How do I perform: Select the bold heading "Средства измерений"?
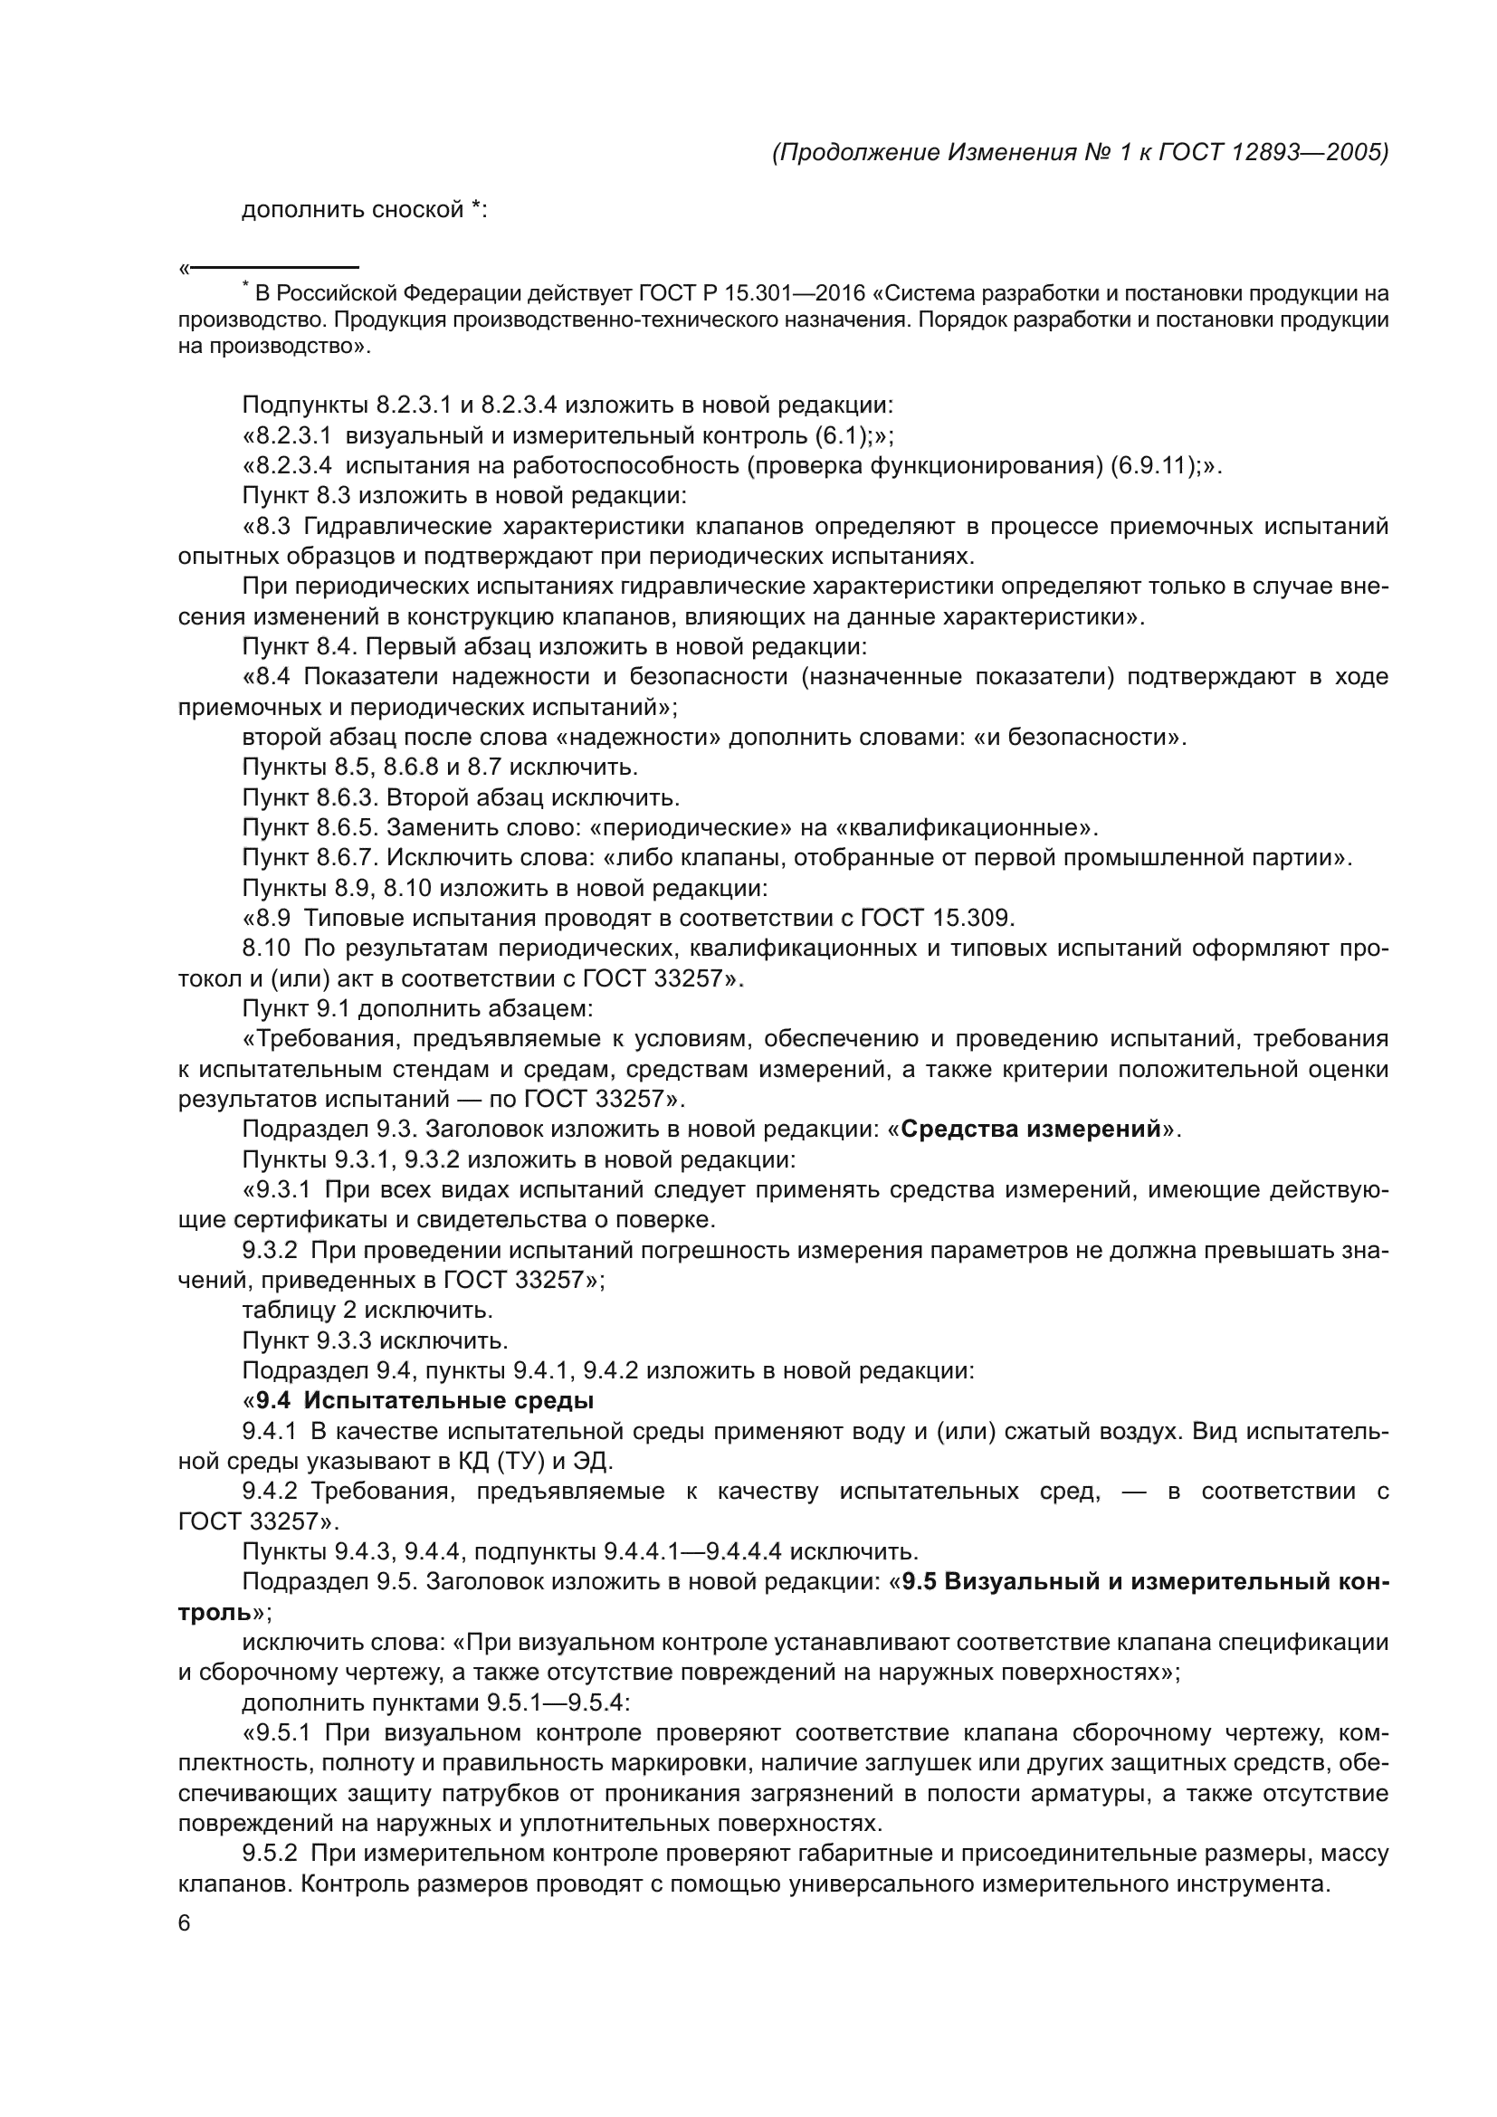pyautogui.click(x=1030, y=1130)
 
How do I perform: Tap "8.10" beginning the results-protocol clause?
pyautogui.click(x=266, y=948)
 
